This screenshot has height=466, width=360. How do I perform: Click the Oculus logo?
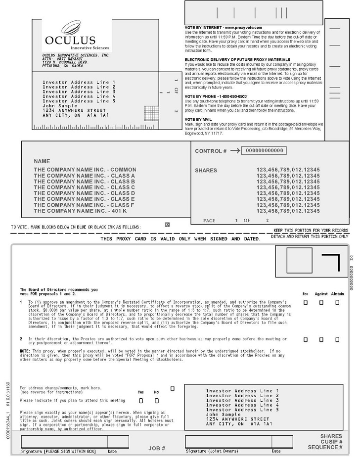tap(70, 35)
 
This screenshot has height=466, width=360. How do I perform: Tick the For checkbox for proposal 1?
tap(305, 302)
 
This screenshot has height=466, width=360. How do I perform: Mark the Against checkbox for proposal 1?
tap(321, 302)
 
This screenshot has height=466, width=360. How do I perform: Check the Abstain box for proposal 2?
tap(338, 339)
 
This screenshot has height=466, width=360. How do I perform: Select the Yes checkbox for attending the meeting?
tap(141, 400)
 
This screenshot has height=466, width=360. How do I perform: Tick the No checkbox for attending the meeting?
tap(156, 400)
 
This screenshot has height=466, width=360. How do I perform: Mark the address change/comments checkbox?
tap(173, 389)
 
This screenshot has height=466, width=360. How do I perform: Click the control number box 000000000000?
tap(265, 151)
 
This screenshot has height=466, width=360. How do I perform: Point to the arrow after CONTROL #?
tap(235, 151)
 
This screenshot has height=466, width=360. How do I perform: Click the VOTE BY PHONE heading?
tap(215, 96)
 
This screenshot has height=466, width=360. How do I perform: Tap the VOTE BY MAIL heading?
tap(198, 119)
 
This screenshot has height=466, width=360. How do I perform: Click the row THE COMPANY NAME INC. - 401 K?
tap(80, 211)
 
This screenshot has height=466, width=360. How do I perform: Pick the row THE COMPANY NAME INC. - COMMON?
tap(85, 170)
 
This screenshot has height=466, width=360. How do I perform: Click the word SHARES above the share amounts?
tap(206, 170)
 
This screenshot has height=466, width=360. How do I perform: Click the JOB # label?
tap(157, 448)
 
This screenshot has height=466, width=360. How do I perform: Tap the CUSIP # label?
tap(331, 442)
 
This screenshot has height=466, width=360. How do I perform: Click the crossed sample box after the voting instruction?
tap(167, 225)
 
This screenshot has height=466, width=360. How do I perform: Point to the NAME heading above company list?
tap(42, 162)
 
